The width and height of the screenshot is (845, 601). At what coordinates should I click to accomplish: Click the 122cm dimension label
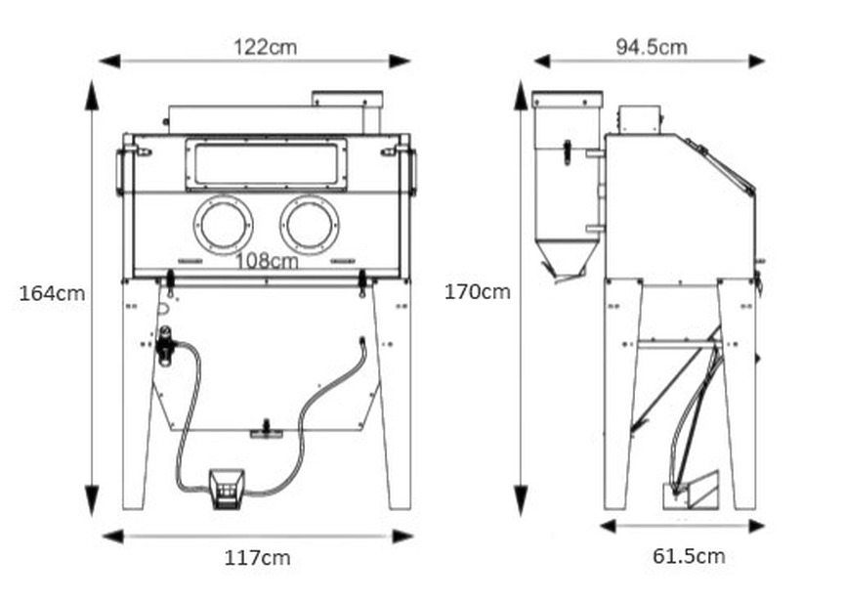click(265, 46)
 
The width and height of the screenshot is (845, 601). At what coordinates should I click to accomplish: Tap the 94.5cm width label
click(651, 47)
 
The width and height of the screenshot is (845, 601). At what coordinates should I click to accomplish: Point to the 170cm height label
click(477, 291)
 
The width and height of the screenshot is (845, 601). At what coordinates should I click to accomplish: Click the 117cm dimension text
click(257, 558)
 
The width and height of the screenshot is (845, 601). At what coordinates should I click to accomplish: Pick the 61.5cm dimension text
click(689, 556)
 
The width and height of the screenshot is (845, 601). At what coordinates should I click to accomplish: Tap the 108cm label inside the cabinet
click(267, 261)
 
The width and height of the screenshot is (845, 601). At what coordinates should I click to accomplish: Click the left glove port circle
click(224, 224)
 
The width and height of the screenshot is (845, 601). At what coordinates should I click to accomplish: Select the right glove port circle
click(310, 224)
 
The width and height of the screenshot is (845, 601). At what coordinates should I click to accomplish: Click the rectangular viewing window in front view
click(266, 162)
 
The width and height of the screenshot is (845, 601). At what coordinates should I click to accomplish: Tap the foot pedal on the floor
click(227, 486)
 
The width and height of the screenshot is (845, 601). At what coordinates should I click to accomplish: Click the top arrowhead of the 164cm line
click(92, 94)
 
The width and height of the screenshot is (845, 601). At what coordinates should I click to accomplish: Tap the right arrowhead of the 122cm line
click(401, 62)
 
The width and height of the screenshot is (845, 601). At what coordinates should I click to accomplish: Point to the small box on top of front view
click(347, 100)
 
